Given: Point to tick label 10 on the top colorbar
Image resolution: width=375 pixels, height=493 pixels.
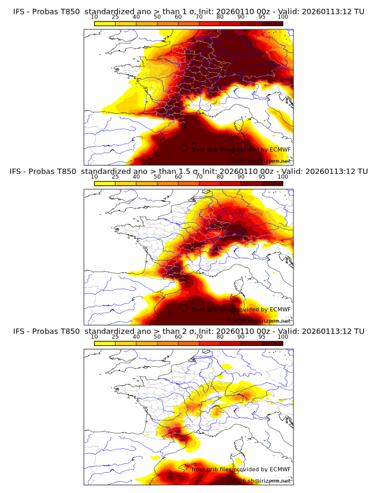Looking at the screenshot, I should pyautogui.click(x=95, y=17).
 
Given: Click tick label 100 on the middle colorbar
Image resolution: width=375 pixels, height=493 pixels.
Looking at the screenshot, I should pyautogui.click(x=283, y=177).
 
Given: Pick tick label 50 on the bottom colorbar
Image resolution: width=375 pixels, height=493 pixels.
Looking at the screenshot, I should pyautogui.click(x=157, y=337).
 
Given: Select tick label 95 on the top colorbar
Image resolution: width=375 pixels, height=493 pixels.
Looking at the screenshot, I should pyautogui.click(x=262, y=17).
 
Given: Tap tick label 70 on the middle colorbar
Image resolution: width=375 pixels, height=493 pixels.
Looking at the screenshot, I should pyautogui.click(x=199, y=177).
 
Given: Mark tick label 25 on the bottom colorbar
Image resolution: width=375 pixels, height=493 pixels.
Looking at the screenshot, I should pyautogui.click(x=115, y=337).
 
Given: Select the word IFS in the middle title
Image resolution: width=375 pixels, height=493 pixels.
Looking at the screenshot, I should pyautogui.click(x=18, y=171).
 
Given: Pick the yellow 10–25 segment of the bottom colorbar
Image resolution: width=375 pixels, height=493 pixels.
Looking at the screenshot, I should pyautogui.click(x=105, y=343).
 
